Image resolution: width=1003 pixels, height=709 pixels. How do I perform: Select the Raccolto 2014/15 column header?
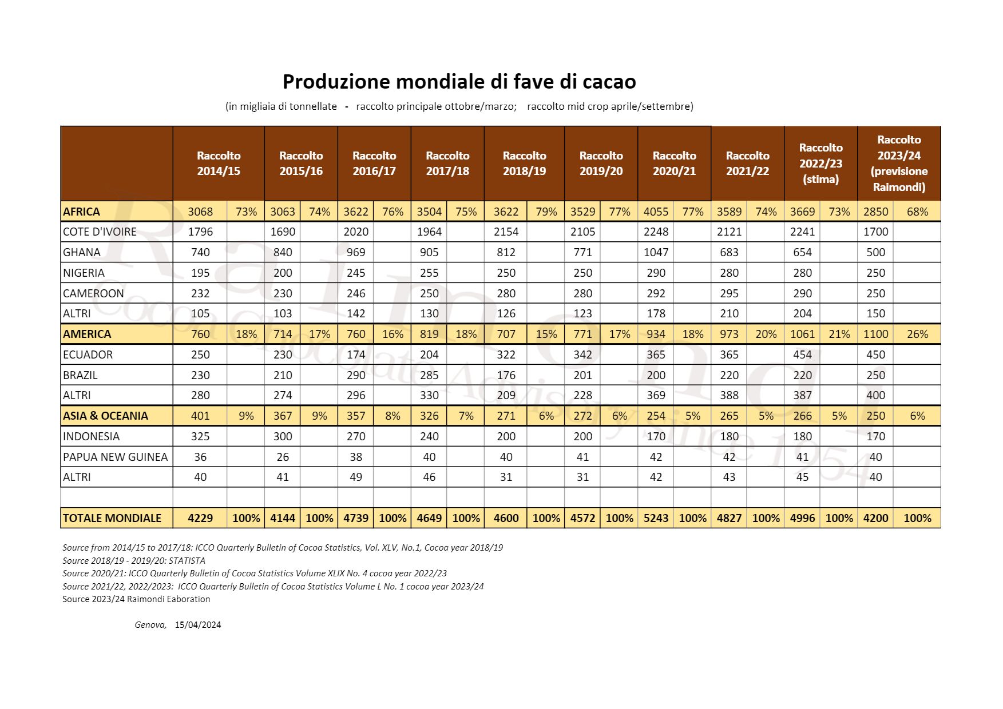[x=219, y=163]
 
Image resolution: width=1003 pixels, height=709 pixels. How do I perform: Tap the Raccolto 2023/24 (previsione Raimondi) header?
[x=899, y=163]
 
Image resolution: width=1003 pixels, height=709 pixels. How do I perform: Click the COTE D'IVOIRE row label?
[x=100, y=232]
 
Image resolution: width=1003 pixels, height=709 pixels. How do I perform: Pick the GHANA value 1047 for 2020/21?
[x=656, y=252]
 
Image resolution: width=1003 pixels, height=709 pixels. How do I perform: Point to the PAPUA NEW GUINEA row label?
[x=115, y=457]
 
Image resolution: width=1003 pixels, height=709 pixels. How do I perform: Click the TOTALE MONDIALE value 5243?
[x=656, y=518]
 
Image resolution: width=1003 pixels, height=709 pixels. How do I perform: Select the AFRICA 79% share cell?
[x=546, y=212]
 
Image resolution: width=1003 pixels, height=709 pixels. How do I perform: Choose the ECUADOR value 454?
[x=802, y=354]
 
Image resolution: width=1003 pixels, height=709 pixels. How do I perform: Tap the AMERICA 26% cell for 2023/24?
[x=917, y=334]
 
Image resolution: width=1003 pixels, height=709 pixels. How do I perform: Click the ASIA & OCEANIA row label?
[x=105, y=416]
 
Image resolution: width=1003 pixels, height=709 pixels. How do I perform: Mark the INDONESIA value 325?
[x=200, y=436]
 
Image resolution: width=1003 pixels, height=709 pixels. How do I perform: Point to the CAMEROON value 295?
[x=729, y=293]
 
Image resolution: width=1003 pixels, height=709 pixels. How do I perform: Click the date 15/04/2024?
[x=198, y=625]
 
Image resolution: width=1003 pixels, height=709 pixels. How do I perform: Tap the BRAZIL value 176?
[x=506, y=375]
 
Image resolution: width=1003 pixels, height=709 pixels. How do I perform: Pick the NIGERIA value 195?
[x=200, y=273]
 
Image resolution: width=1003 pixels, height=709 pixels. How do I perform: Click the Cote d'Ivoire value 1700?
[x=875, y=232]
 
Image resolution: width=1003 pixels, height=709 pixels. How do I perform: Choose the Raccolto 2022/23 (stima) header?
[x=820, y=163]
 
